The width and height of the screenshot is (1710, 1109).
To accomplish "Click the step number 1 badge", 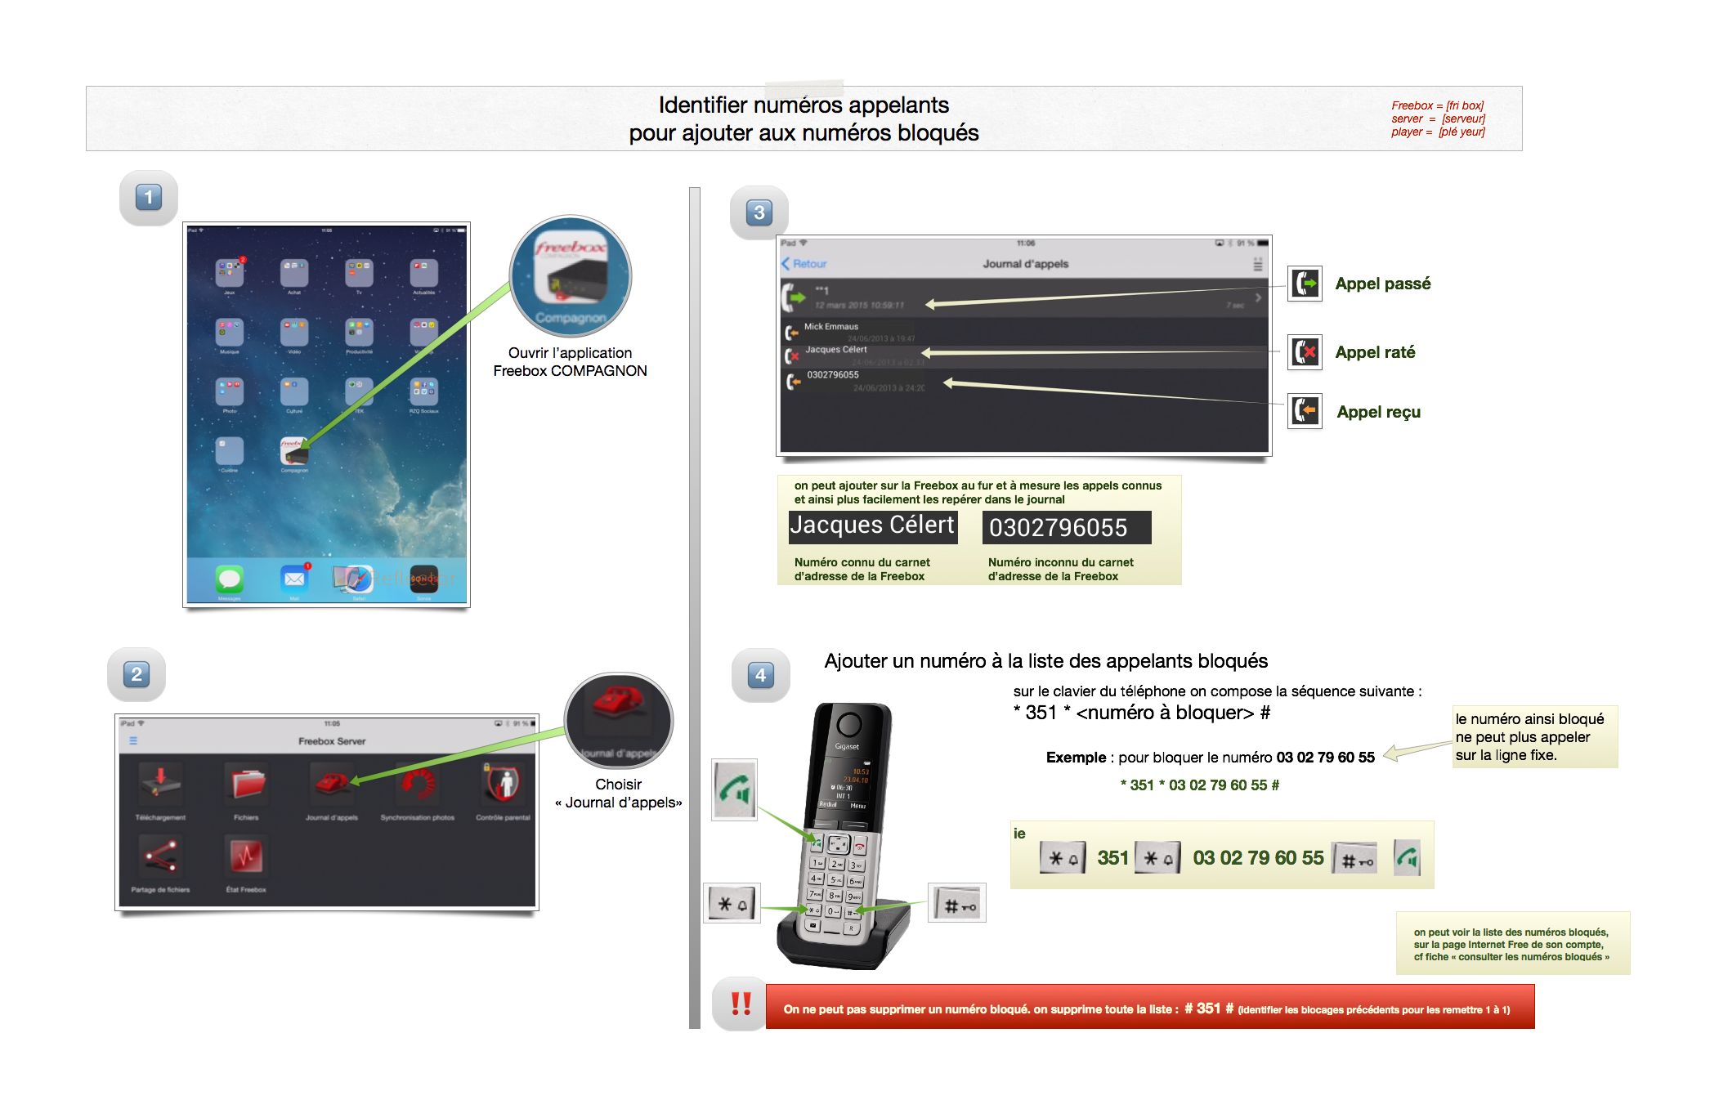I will tap(148, 198).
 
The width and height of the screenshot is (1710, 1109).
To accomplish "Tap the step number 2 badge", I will tap(137, 674).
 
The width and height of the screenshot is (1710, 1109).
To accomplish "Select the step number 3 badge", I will tap(759, 213).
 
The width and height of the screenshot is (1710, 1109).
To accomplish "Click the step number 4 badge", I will tap(760, 675).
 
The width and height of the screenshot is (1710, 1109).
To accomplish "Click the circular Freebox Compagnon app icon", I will tap(571, 276).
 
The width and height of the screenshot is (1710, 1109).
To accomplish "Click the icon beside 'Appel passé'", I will tap(1305, 284).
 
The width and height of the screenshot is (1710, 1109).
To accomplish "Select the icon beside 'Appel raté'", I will tap(1305, 352).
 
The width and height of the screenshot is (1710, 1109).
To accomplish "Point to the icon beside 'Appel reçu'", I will tap(1305, 410).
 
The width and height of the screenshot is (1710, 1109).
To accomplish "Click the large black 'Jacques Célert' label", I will tap(872, 525).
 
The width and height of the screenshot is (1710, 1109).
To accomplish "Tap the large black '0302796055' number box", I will tap(1066, 527).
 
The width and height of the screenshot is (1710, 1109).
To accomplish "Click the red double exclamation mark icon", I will tap(741, 1004).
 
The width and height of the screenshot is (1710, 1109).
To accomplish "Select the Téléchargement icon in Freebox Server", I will tap(160, 783).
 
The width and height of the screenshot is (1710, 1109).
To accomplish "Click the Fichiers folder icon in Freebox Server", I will tap(246, 783).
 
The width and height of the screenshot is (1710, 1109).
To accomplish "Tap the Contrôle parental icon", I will tap(503, 783).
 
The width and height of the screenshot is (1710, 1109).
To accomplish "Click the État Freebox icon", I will tap(246, 856).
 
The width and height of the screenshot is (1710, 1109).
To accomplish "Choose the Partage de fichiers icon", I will tap(160, 856).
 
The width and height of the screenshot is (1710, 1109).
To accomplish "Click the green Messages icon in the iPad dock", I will tap(230, 579).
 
